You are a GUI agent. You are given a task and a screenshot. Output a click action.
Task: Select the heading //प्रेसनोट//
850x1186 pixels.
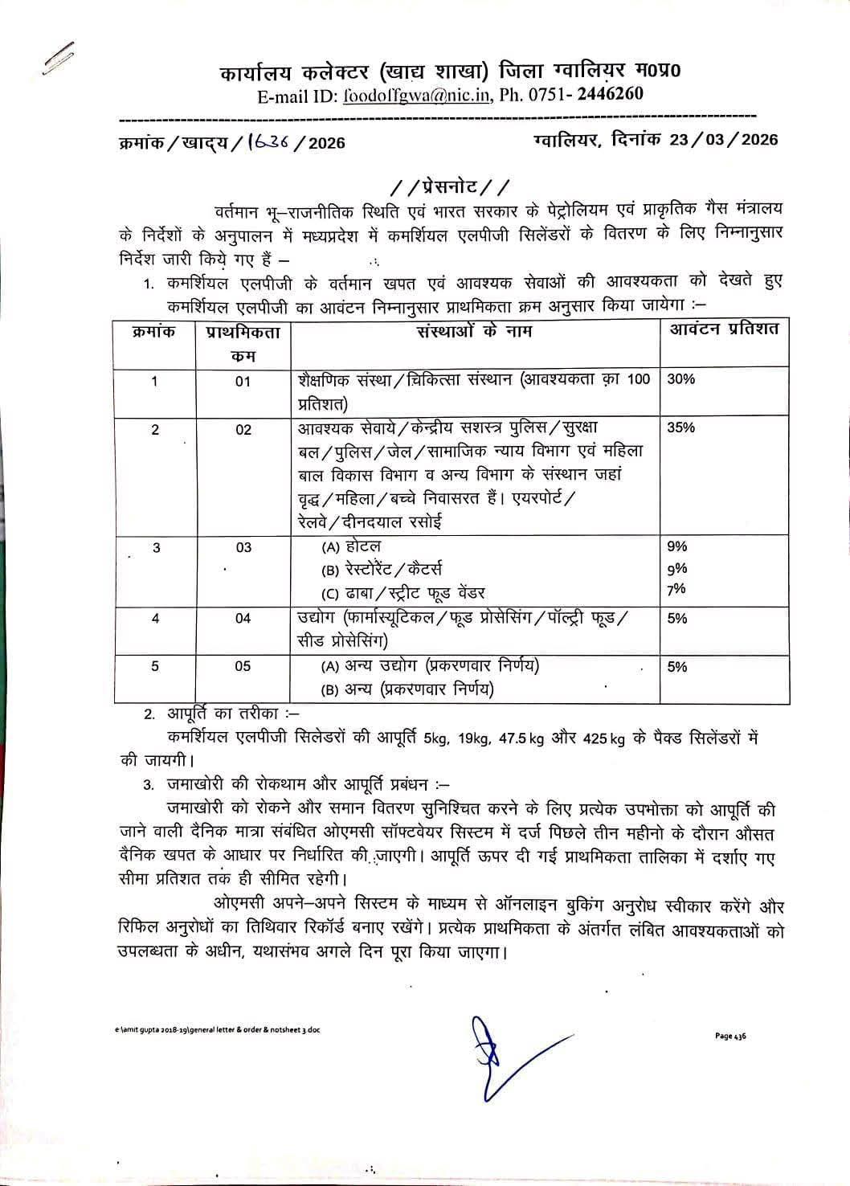(x=449, y=187)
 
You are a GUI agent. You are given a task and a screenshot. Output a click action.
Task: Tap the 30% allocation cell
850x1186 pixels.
(x=680, y=379)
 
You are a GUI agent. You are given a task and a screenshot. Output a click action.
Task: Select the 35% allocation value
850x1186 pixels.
(x=680, y=427)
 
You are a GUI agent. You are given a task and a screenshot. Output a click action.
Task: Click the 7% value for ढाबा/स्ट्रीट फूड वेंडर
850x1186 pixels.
(x=676, y=590)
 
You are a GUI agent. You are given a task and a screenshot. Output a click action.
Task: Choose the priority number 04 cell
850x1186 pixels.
(x=243, y=618)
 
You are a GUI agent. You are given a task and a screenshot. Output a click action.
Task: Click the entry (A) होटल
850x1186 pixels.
(x=352, y=547)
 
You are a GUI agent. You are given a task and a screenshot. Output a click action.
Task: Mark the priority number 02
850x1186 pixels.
(x=243, y=430)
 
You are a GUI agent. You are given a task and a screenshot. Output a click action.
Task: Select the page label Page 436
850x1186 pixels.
(x=730, y=1036)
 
